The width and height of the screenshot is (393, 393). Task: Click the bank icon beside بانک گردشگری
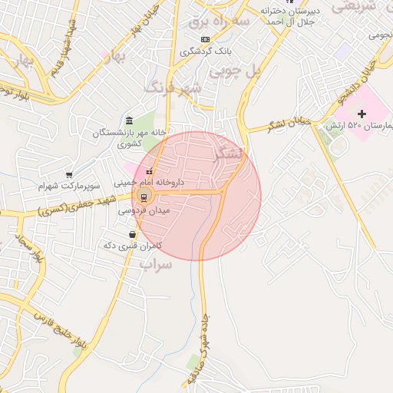(204, 39)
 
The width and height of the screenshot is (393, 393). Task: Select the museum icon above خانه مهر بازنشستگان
(128, 121)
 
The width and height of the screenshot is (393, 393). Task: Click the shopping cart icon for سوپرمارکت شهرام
(69, 175)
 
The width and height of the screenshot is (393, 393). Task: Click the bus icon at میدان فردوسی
(144, 196)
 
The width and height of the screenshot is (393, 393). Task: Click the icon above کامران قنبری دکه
(134, 234)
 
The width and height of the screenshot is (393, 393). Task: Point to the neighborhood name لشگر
(230, 152)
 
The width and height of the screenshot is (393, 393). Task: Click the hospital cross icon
(362, 113)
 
